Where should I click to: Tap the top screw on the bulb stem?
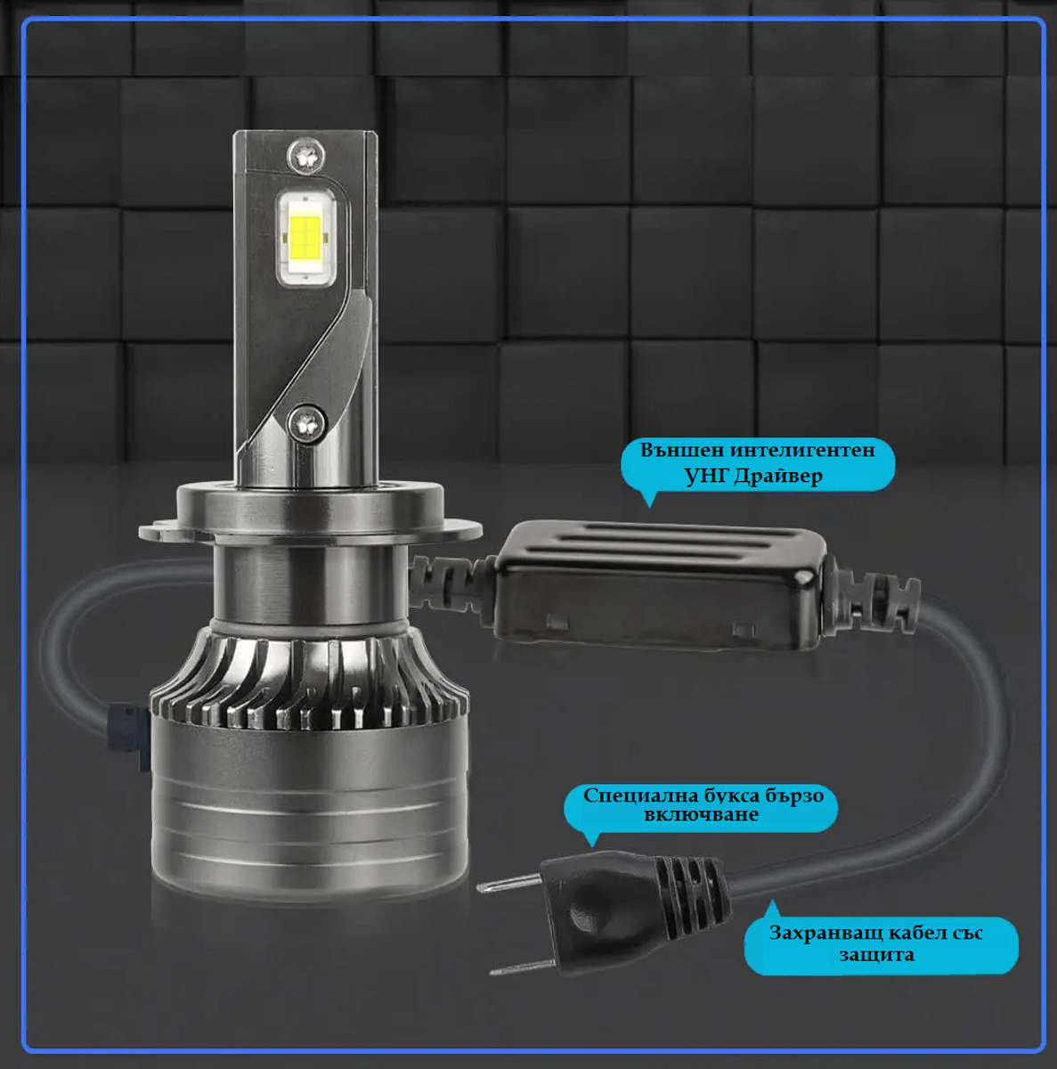click(x=305, y=156)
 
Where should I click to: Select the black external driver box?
click(x=659, y=586)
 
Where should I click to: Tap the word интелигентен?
click(x=802, y=450)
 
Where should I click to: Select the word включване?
click(x=701, y=814)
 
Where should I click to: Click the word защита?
click(x=876, y=955)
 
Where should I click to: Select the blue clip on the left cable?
click(x=128, y=736)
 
